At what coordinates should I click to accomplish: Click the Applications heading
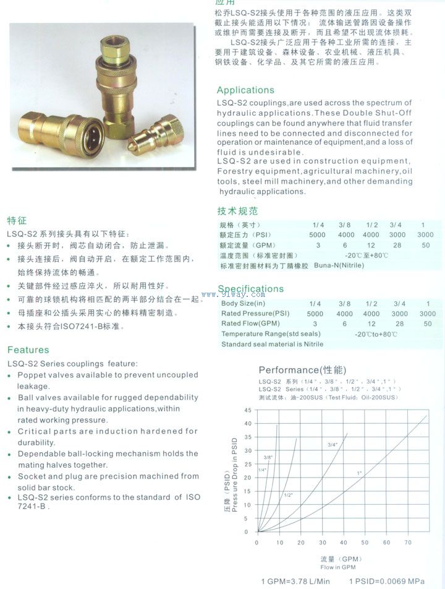pyautogui.click(x=245, y=90)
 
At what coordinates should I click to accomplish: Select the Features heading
pyautogui.click(x=28, y=350)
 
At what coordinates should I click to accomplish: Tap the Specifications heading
pyautogui.click(x=251, y=289)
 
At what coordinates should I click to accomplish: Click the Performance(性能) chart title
pyautogui.click(x=302, y=370)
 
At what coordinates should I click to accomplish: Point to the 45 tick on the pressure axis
pyautogui.click(x=248, y=410)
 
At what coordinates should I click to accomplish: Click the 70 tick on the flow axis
pyautogui.click(x=408, y=543)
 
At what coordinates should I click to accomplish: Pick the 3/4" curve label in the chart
pyautogui.click(x=333, y=445)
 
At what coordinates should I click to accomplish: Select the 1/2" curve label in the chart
pyautogui.click(x=289, y=495)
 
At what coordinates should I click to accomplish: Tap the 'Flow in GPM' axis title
pyautogui.click(x=338, y=567)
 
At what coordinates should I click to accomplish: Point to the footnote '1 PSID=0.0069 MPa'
pyautogui.click(x=387, y=582)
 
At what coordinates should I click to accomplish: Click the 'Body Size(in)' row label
pyautogui.click(x=243, y=304)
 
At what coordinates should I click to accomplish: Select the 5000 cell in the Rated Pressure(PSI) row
pyautogui.click(x=315, y=314)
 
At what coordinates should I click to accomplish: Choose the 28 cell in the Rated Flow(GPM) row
pyautogui.click(x=399, y=324)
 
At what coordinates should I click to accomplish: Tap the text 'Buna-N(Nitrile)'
pyautogui.click(x=339, y=265)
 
